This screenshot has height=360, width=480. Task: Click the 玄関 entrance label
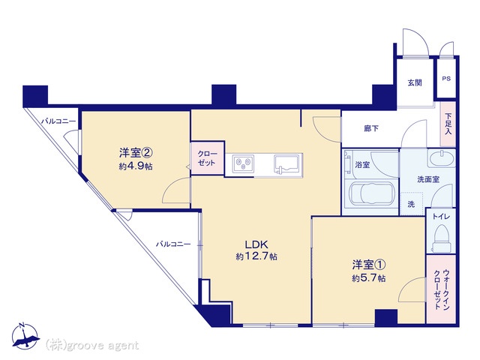pyautogui.click(x=415, y=82)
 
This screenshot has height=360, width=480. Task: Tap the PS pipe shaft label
pyautogui.click(x=446, y=79)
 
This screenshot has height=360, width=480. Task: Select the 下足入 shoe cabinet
pyautogui.click(x=448, y=124)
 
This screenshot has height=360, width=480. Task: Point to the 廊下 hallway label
pyautogui.click(x=371, y=128)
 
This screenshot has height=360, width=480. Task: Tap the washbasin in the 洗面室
pyautogui.click(x=441, y=158)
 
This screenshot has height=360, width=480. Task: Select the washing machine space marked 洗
pyautogui.click(x=412, y=203)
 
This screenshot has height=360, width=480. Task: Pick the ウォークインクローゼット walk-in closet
pyautogui.click(x=441, y=289)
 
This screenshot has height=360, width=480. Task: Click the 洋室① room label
pyautogui.click(x=368, y=265)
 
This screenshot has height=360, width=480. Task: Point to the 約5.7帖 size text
pyautogui.click(x=368, y=278)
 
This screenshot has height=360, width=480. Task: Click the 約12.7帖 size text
pyautogui.click(x=256, y=256)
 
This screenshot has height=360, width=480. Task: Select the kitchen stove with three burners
pyautogui.click(x=243, y=163)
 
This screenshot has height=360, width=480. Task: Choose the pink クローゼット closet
pyautogui.click(x=207, y=158)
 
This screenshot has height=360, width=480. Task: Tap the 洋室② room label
pyautogui.click(x=136, y=152)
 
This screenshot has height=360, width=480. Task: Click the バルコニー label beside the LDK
pyautogui.click(x=173, y=244)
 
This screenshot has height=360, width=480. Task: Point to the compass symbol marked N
pyautogui.click(x=25, y=336)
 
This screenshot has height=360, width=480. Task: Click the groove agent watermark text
pyautogui.click(x=91, y=346)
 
